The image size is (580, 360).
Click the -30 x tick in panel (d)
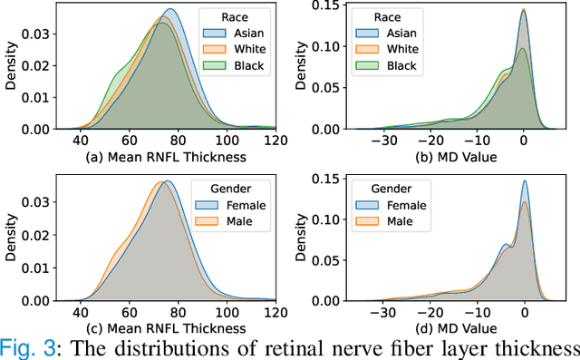tap(385, 311)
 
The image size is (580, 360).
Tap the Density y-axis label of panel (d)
tap(296, 236)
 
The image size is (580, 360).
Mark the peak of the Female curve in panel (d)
tap(525, 180)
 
